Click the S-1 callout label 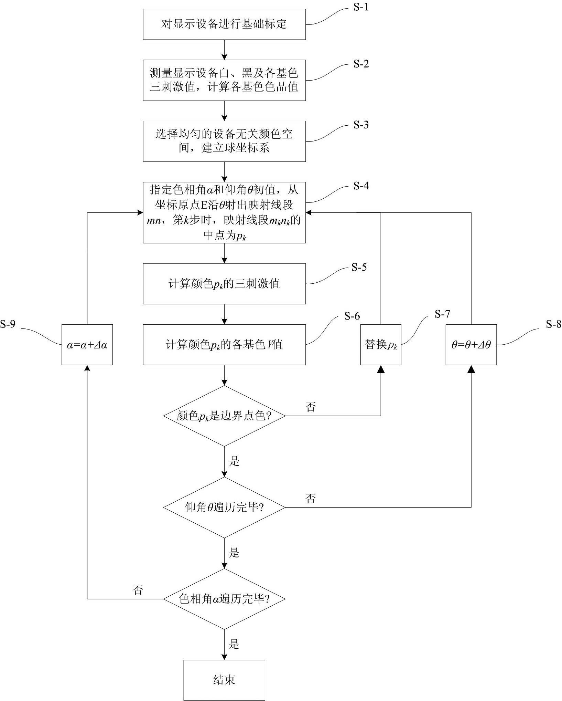coord(361,7)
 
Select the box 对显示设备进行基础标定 coord(224,24)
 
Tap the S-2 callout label coord(361,64)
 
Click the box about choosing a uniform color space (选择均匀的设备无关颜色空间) coord(224,141)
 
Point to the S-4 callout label coord(361,186)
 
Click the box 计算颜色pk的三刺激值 coord(224,284)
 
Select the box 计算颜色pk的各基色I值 coord(224,345)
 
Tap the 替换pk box coord(381,345)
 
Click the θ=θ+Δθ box coord(471,345)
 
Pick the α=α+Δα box coord(87,345)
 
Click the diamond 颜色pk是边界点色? coord(224,416)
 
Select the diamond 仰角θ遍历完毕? coord(224,508)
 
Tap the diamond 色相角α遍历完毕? coord(224,599)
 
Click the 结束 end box coord(224,680)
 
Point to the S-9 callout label coord(8,324)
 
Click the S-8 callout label coord(553,324)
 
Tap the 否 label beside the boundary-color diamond coord(310,407)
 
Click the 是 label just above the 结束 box coord(234,644)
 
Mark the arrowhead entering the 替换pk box coord(381,369)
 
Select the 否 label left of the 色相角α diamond coord(138,590)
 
